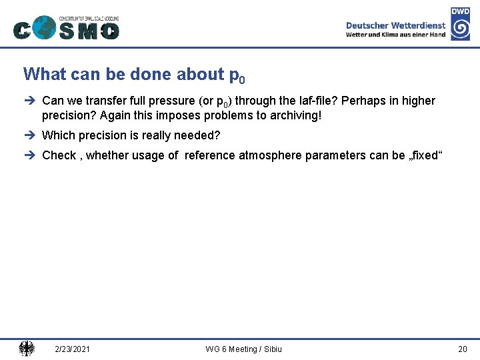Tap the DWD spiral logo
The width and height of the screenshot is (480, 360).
(x=460, y=29)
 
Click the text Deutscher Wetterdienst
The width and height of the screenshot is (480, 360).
(x=395, y=25)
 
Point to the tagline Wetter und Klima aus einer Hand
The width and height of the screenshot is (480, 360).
(x=395, y=35)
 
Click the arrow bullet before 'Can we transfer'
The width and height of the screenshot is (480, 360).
(x=29, y=101)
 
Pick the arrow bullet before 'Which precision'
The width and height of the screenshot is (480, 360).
(x=29, y=135)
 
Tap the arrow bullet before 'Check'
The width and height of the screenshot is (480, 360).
(x=29, y=155)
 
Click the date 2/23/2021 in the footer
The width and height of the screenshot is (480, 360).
(x=73, y=349)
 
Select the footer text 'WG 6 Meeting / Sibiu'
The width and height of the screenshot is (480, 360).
(x=243, y=349)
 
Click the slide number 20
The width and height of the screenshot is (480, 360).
(x=463, y=349)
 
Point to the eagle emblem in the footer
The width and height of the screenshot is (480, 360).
(x=27, y=349)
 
